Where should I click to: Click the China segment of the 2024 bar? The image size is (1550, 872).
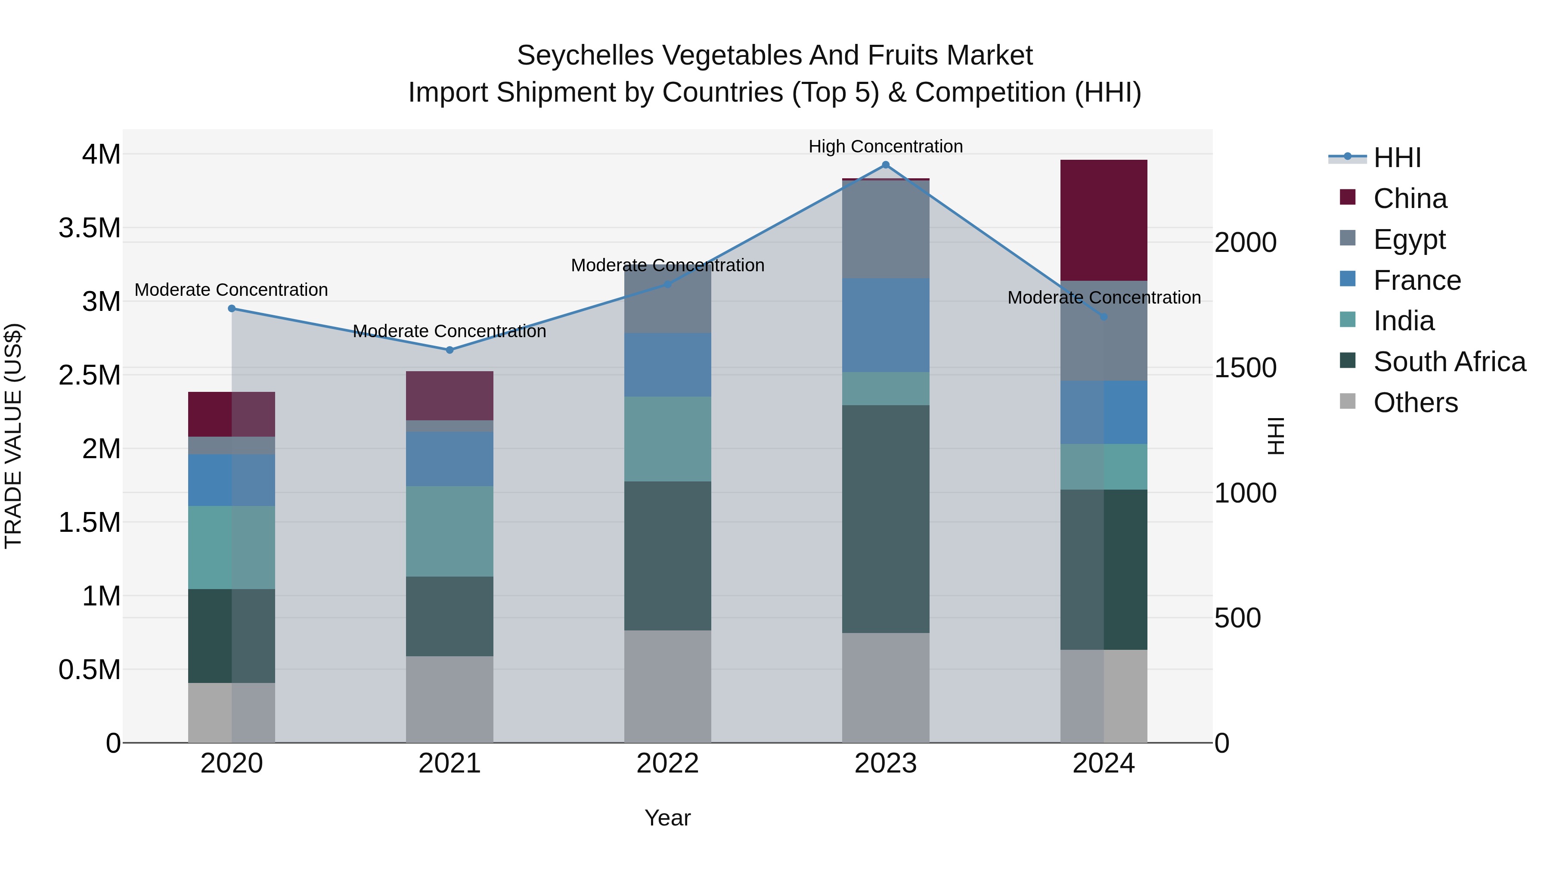click(1104, 220)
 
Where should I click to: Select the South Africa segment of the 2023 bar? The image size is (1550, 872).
click(885, 519)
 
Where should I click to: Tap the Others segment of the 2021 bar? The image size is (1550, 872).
click(449, 699)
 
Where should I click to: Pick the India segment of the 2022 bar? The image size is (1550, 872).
click(667, 439)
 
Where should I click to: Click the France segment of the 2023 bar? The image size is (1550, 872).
click(885, 325)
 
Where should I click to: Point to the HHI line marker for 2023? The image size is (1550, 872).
click(885, 165)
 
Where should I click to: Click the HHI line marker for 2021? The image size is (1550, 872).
click(449, 350)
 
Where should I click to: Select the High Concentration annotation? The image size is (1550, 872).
click(885, 146)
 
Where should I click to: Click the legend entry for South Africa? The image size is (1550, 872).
click(1449, 362)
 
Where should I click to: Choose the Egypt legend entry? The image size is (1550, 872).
click(1409, 239)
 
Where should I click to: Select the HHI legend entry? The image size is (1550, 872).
click(1397, 158)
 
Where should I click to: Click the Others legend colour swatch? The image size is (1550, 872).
click(1348, 401)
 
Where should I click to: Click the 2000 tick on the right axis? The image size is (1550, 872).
click(1245, 242)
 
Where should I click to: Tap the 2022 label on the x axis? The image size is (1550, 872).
click(667, 763)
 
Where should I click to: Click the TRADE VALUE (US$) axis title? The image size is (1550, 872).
click(13, 436)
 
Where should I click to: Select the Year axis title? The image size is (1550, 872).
click(667, 818)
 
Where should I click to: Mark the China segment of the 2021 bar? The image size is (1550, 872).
click(449, 395)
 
